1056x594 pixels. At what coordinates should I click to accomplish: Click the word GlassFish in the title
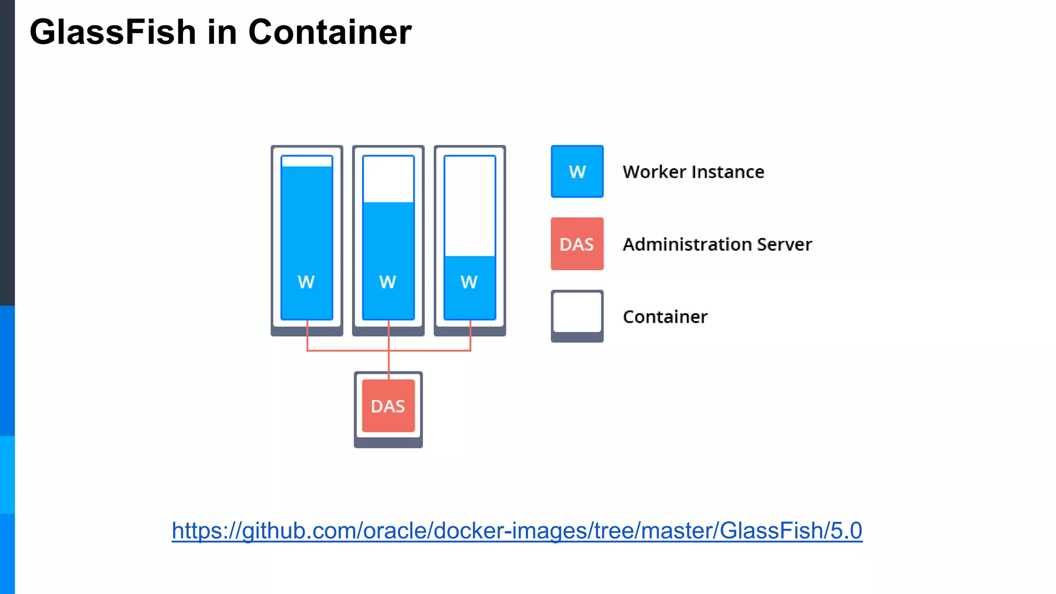pos(112,32)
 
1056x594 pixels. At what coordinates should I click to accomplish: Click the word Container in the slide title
pos(329,32)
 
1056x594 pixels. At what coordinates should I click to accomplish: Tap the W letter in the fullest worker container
pos(306,282)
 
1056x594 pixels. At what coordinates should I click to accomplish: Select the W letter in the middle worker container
pos(388,282)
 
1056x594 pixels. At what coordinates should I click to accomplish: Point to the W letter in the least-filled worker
pos(469,282)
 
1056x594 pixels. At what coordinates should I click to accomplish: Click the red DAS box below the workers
pos(388,406)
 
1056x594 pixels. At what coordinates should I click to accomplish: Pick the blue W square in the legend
pos(577,172)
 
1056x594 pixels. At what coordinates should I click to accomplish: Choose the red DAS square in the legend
pos(577,244)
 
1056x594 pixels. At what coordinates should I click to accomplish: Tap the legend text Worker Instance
pos(693,172)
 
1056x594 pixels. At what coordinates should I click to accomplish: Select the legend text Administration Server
pos(717,244)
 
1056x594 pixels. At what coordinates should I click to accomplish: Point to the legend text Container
pos(665,317)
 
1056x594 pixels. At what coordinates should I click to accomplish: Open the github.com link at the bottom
pos(517,531)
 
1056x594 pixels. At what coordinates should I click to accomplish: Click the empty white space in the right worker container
pos(470,206)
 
